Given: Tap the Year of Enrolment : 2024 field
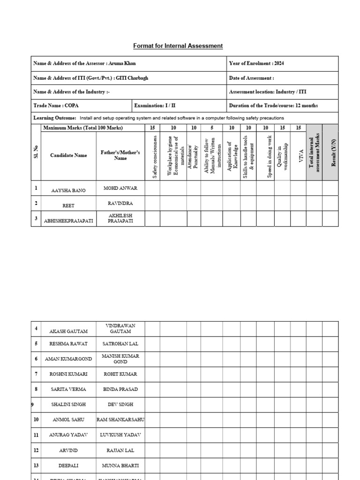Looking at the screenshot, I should pyautogui.click(x=256, y=63).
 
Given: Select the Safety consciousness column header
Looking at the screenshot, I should pyautogui.click(x=152, y=156).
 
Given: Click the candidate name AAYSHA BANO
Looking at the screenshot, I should pyautogui.click(x=68, y=190).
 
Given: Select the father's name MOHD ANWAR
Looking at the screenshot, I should pyautogui.click(x=120, y=188).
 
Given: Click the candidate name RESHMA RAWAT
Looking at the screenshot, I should pyautogui.click(x=68, y=344).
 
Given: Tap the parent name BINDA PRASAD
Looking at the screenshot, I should pyautogui.click(x=120, y=389).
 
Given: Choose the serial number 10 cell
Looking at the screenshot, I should pyautogui.click(x=36, y=420).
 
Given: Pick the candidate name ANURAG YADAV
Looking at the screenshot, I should pyautogui.click(x=68, y=435).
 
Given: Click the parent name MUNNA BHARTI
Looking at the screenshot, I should pyautogui.click(x=120, y=465).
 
